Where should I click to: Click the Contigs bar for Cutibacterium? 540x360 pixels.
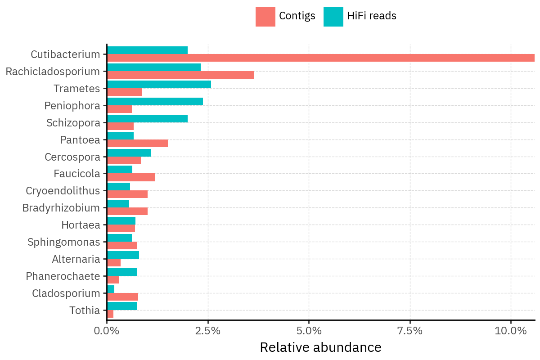[320, 58]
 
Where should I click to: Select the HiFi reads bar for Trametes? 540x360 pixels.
[159, 85]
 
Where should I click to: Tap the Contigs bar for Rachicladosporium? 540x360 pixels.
[180, 75]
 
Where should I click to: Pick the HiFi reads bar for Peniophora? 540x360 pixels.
[155, 102]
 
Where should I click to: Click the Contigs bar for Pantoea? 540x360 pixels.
[137, 143]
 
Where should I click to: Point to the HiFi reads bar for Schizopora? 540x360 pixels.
[147, 119]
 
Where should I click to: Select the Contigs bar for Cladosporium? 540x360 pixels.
[122, 297]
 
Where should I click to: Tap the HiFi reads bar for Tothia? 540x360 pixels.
[122, 306]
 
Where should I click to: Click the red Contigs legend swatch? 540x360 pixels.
[265, 17]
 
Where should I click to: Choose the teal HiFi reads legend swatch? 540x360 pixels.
[333, 17]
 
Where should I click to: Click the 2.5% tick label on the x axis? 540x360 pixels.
[208, 331]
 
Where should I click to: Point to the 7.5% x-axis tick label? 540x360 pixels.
[410, 331]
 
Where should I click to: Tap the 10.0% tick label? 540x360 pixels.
[511, 331]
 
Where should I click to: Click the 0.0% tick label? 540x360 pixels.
[107, 331]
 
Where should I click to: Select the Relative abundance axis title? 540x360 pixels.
[320, 347]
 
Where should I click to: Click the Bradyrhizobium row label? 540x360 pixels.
[61, 208]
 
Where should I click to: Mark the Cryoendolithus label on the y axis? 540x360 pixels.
[63, 191]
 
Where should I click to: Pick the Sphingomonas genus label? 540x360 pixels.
[64, 242]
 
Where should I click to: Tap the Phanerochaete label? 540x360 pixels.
[63, 276]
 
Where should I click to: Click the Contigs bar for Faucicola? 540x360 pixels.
[131, 177]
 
